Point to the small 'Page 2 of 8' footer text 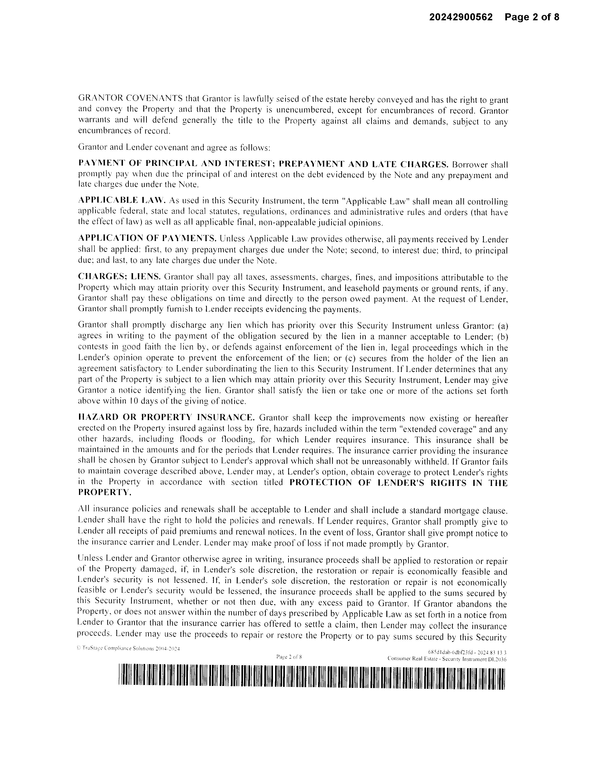[x=289, y=657]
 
